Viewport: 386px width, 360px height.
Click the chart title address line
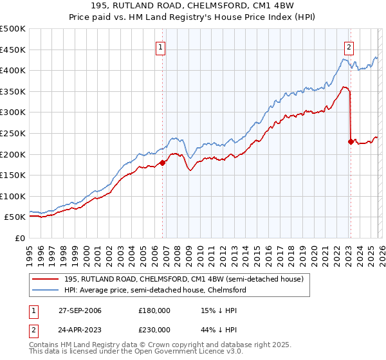(193, 6)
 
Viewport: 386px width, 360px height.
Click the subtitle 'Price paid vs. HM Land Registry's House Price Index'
(193, 17)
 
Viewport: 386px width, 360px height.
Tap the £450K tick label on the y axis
(13, 50)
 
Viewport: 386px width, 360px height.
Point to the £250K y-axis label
(13, 133)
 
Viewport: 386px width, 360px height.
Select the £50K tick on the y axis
(15, 217)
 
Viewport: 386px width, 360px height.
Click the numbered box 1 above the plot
(160, 46)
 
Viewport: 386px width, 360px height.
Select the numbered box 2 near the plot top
(348, 46)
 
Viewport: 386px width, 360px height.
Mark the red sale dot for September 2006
(162, 163)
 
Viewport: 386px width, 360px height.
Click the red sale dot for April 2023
(351, 141)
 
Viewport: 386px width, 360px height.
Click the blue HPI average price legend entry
(154, 290)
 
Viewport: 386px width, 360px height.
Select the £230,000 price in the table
(154, 328)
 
